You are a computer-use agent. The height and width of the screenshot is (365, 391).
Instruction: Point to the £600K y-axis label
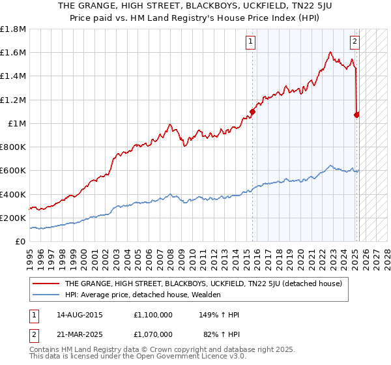tap(13, 171)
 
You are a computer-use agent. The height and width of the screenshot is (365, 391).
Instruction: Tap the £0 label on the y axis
tap(20, 242)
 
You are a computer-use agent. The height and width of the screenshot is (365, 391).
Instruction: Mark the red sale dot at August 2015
tap(252, 111)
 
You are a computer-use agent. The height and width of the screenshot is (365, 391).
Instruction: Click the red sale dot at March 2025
tap(356, 115)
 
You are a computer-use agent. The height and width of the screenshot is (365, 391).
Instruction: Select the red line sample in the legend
tap(46, 284)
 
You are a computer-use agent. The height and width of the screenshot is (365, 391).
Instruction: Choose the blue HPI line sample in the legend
tap(46, 295)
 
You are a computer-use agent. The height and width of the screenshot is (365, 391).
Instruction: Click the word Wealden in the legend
tap(207, 295)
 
